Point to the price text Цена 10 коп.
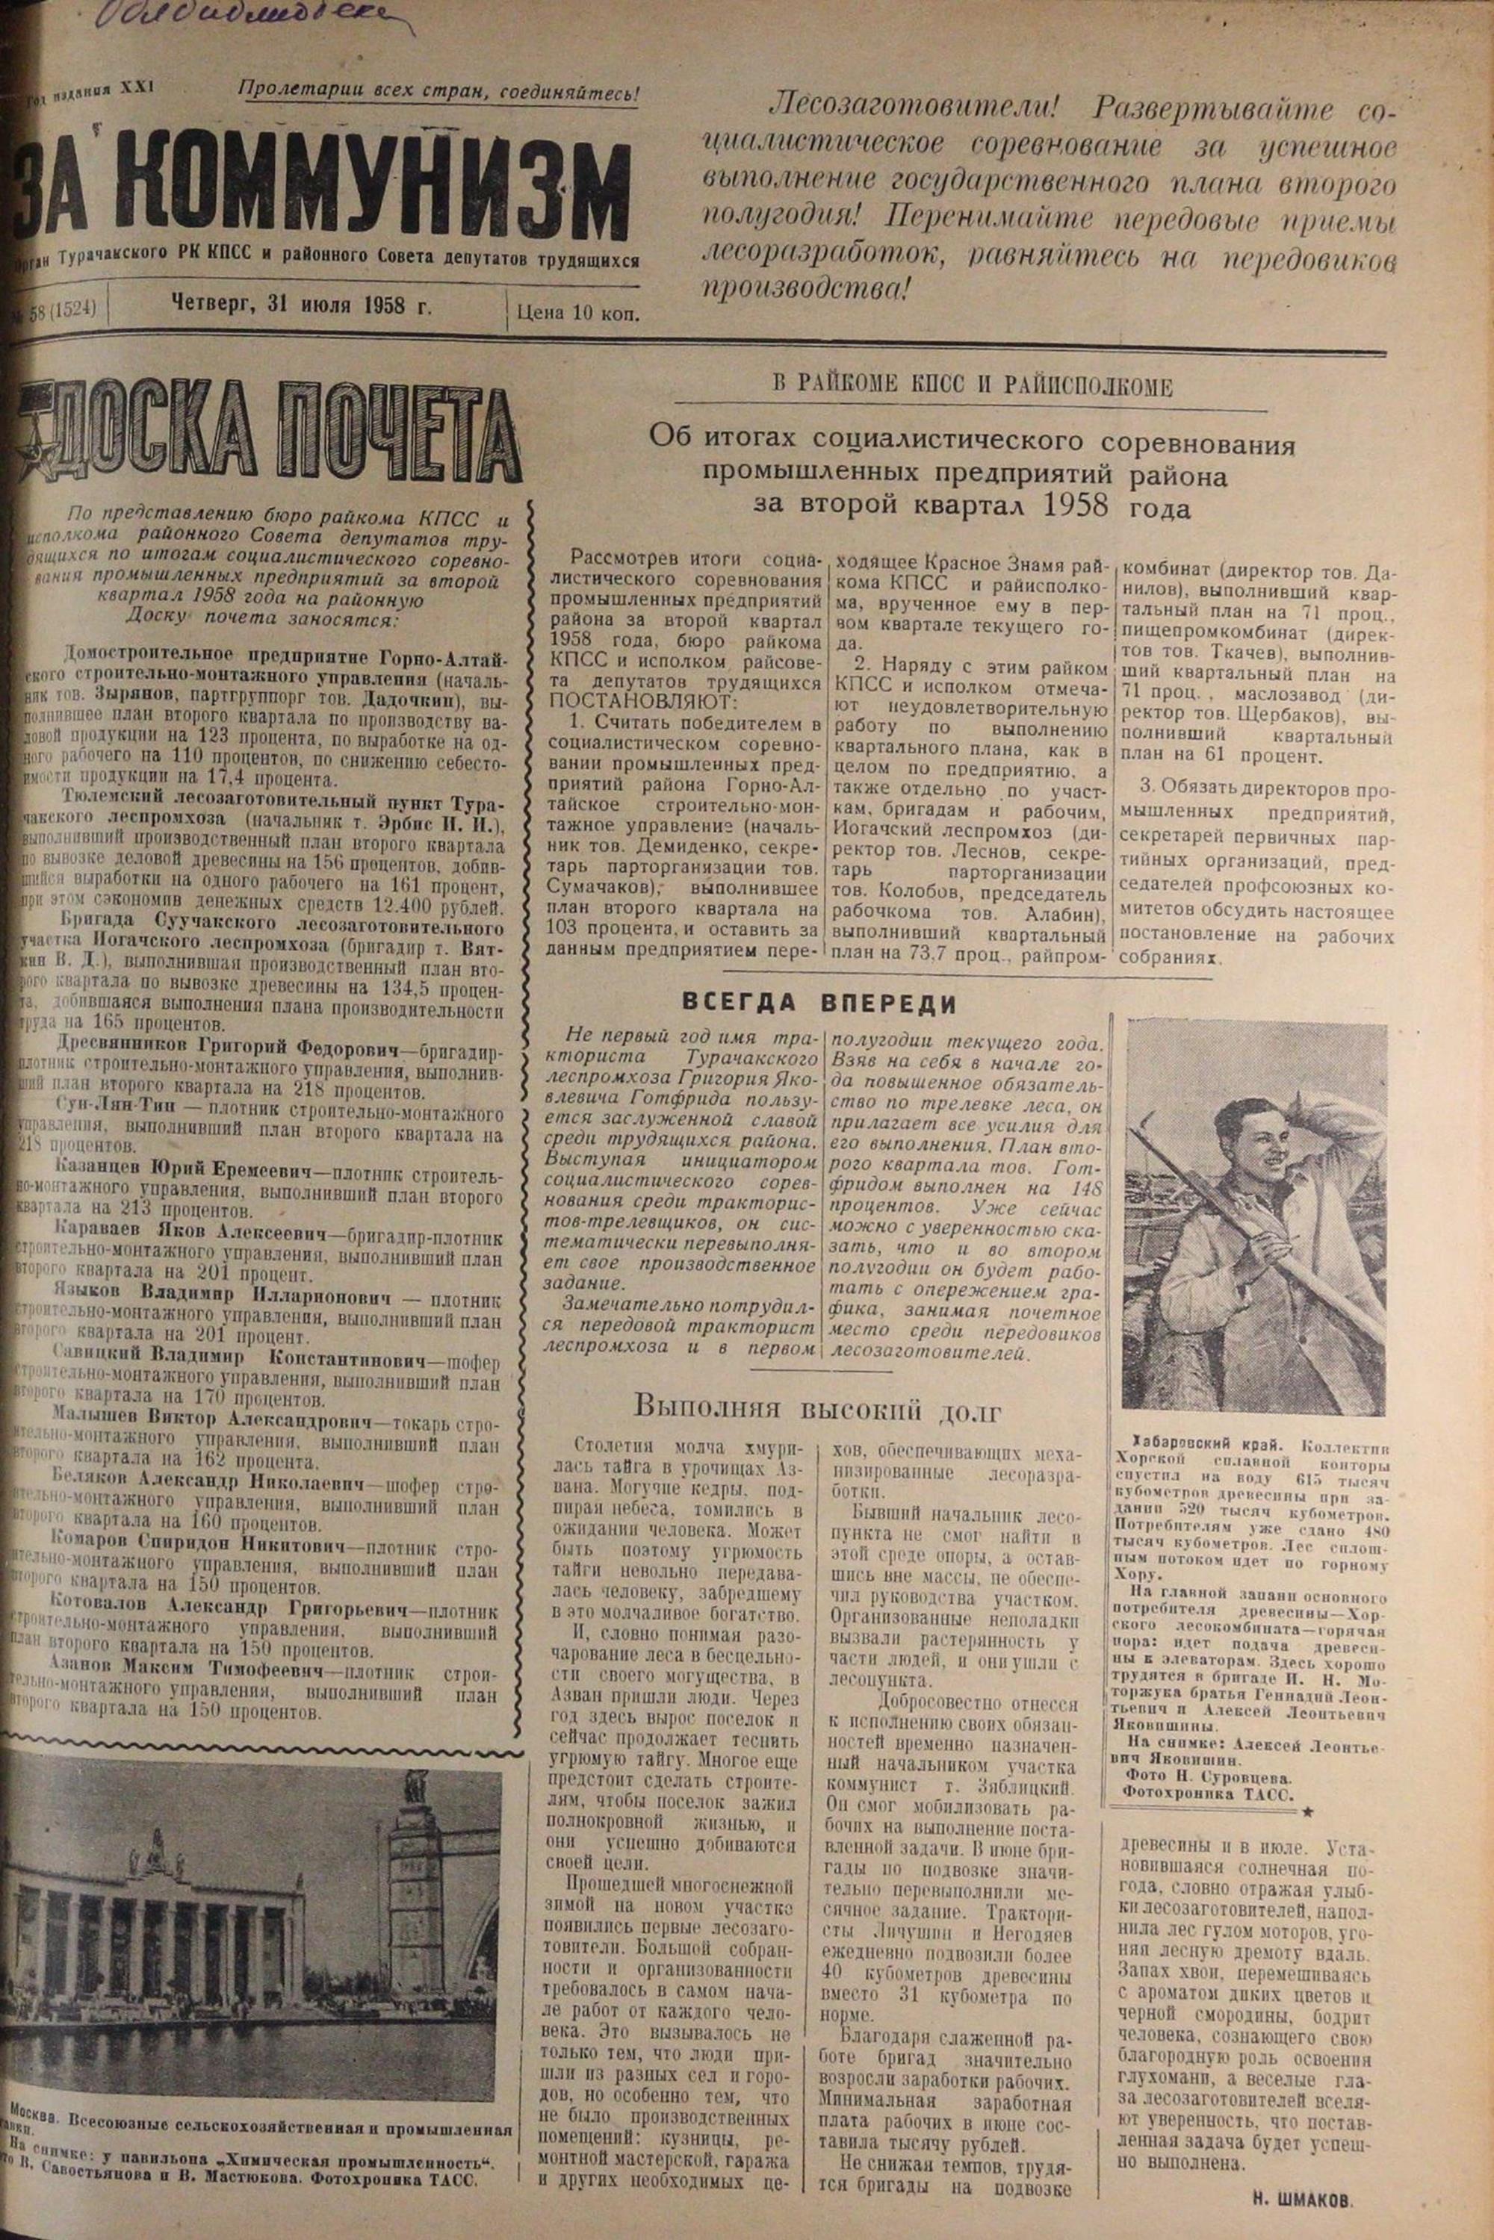(x=577, y=311)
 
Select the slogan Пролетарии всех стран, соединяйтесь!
(x=438, y=93)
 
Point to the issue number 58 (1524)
(x=62, y=311)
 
